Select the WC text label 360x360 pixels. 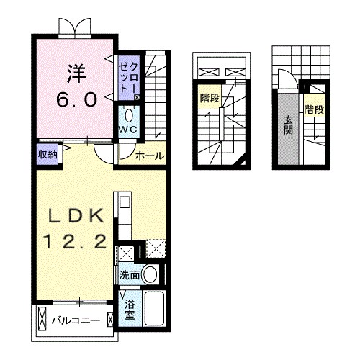[x=128, y=130]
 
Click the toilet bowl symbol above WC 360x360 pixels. [x=129, y=115]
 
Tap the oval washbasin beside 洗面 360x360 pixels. [x=150, y=274]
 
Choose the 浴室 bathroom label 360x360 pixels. [x=130, y=310]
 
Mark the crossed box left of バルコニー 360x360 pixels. [x=41, y=319]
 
